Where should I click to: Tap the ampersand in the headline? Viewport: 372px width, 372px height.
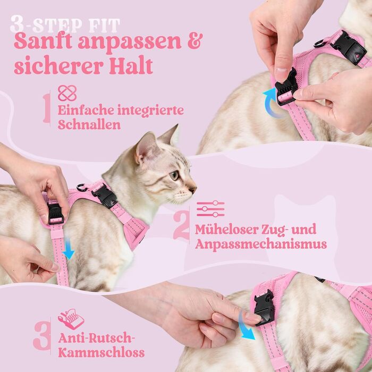tap(195, 41)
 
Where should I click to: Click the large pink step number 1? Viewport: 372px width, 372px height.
tap(47, 108)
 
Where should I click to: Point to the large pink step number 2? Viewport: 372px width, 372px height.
tap(181, 225)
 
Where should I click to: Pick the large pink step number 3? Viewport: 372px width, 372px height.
tap(42, 336)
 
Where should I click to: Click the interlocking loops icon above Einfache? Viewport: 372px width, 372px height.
tap(67, 93)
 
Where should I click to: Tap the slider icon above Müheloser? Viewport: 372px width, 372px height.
tap(210, 209)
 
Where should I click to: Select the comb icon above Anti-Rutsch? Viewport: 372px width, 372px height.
tap(71, 319)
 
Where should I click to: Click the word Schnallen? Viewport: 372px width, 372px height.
tap(89, 124)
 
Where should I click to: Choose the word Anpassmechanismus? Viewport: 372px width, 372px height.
tap(261, 244)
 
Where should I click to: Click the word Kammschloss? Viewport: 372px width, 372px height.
tap(102, 352)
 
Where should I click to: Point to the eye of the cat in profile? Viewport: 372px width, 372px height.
tap(174, 175)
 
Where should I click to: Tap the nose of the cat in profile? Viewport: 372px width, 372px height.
tap(193, 189)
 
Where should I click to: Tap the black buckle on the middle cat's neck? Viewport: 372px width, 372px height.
tap(104, 196)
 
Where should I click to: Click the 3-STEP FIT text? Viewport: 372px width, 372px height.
tap(65, 24)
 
